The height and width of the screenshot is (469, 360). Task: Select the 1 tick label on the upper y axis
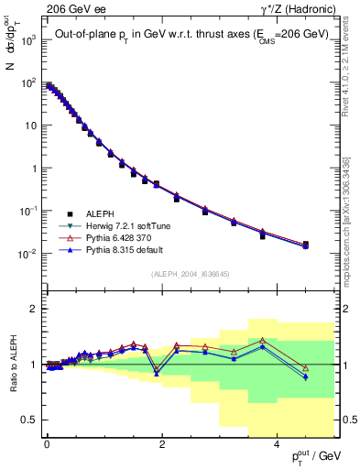click(33, 169)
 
